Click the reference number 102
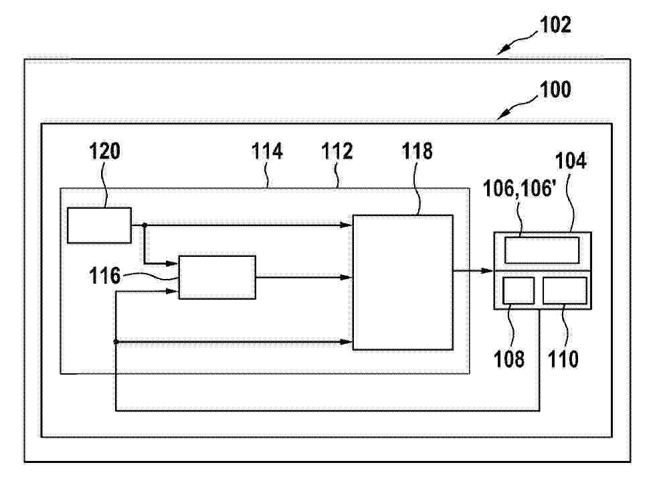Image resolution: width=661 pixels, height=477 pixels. tap(555, 25)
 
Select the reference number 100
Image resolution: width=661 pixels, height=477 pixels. tap(555, 90)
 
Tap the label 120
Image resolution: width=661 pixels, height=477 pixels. tap(104, 151)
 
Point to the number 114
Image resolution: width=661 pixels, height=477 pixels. tap(267, 151)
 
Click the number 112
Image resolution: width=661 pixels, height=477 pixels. tap(337, 151)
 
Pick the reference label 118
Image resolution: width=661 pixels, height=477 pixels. tap(417, 151)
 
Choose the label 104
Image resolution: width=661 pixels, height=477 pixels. tap(571, 161)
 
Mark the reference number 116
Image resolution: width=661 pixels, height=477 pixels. tap(104, 276)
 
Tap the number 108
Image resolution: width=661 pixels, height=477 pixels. tap(509, 359)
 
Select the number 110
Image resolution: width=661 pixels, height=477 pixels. tap(563, 359)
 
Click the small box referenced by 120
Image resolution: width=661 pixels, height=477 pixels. tap(100, 225)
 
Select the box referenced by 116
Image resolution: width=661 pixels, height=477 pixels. tap(217, 277)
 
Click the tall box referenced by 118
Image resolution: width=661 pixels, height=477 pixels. tap(403, 282)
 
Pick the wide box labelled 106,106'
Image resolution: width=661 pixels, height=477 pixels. tap(542, 250)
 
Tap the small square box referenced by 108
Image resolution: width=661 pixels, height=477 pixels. tap(518, 290)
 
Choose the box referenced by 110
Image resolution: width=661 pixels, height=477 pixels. tap(565, 290)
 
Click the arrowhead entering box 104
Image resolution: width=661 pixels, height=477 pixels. tap(487, 270)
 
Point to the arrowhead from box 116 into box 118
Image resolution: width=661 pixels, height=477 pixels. tap(346, 277)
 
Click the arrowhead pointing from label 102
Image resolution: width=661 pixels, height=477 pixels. tap(502, 51)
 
